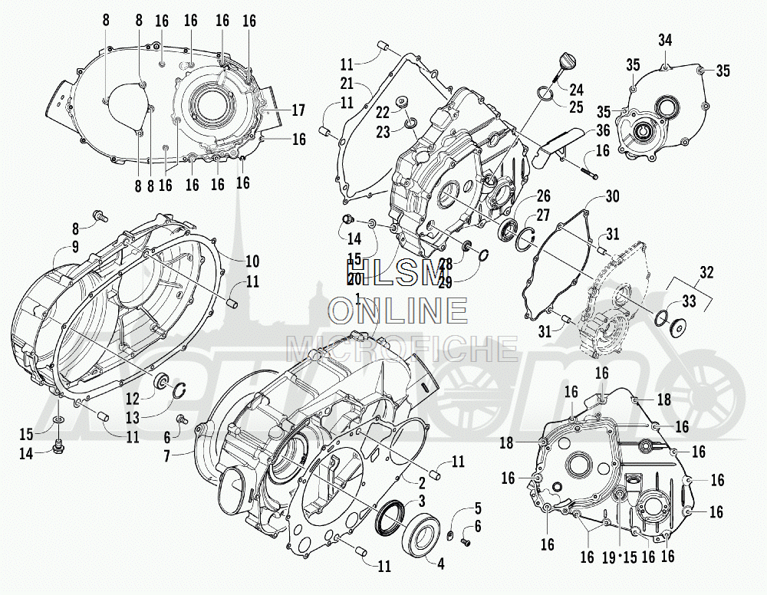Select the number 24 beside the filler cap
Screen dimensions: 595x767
(576, 89)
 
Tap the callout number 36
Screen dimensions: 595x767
(603, 130)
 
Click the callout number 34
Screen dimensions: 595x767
(665, 40)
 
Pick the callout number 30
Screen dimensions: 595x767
(611, 196)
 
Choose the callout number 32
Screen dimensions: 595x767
(706, 271)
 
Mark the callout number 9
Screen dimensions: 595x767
(76, 246)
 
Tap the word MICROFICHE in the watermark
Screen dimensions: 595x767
(402, 347)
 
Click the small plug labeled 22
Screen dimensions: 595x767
(400, 102)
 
